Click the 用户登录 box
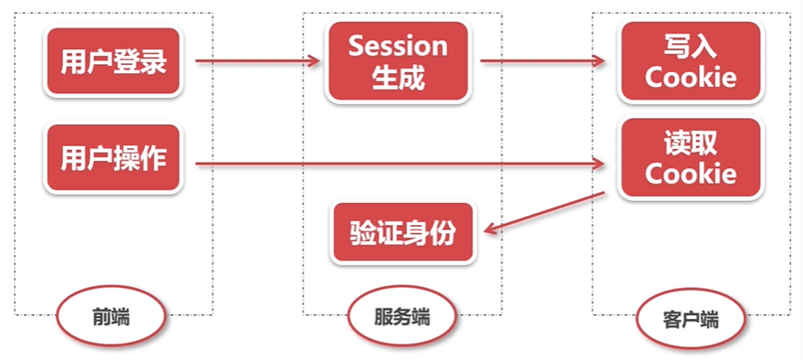[x=114, y=62]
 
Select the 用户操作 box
[x=114, y=158]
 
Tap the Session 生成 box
[x=398, y=61]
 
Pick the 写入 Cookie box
[x=691, y=62]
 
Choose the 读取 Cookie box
[x=690, y=158]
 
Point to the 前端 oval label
[x=111, y=317]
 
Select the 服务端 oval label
[x=402, y=317]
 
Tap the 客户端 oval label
[x=690, y=321]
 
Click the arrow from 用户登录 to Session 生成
[x=256, y=62]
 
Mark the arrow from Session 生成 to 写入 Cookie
[x=544, y=62]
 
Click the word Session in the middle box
[x=398, y=46]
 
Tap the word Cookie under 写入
[x=691, y=77]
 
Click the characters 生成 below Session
[x=398, y=78]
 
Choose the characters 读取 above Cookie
[x=690, y=143]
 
